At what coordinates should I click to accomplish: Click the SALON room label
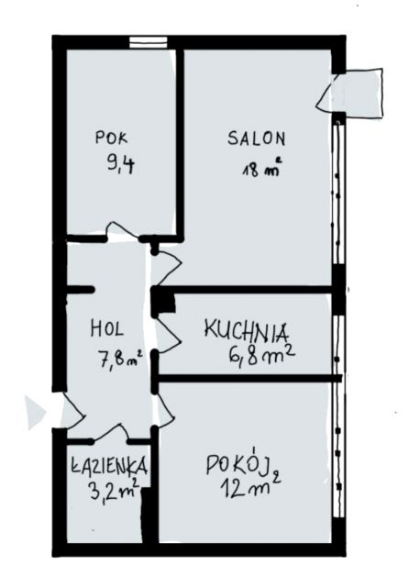click(257, 138)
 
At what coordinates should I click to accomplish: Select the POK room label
click(111, 137)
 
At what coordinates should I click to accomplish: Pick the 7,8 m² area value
click(119, 359)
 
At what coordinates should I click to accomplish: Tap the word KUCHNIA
click(247, 331)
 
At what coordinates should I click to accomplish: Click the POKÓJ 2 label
click(243, 465)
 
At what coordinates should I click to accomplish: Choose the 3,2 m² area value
click(115, 489)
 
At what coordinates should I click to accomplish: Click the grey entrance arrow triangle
click(35, 413)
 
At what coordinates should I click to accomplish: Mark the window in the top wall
click(149, 41)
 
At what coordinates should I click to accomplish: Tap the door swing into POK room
click(122, 230)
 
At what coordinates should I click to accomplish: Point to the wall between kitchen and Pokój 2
click(248, 378)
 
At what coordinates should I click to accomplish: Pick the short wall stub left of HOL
click(80, 290)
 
